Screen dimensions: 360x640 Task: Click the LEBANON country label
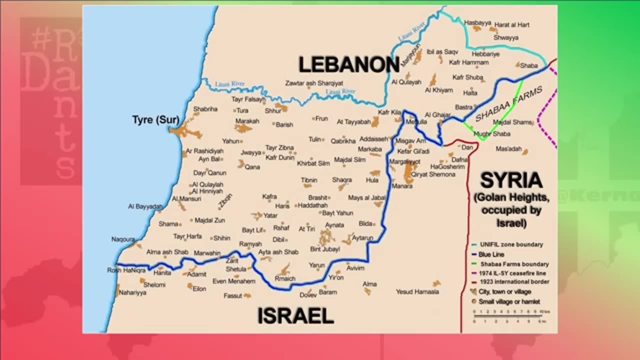coord(348,65)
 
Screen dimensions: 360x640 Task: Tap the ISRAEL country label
coord(295,316)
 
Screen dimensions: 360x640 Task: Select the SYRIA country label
coord(511,180)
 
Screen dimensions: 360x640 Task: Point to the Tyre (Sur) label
coord(155,120)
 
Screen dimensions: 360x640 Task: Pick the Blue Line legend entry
coord(491,254)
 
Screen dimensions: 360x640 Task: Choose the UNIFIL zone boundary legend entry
coord(510,245)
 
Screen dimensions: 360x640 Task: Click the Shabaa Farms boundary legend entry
coord(514,264)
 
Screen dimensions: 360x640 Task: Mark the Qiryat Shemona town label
coord(433,174)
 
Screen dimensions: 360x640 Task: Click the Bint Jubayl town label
coord(325,249)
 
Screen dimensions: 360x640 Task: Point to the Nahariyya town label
coord(132,292)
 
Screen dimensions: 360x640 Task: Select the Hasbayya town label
coord(477,23)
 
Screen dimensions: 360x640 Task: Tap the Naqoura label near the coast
coord(123,239)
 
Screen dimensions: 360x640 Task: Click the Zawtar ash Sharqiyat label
coord(314,83)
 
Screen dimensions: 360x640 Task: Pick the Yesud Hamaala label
coord(417,291)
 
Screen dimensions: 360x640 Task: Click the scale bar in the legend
coord(508,315)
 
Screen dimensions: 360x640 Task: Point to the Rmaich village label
coord(285,278)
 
